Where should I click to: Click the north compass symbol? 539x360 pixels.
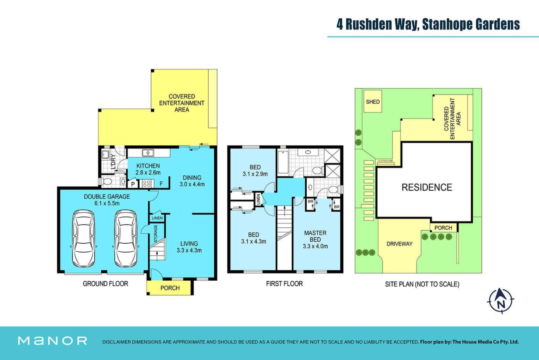tap(501, 301)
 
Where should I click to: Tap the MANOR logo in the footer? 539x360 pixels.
tap(53, 341)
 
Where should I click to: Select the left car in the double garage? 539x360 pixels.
tap(84, 239)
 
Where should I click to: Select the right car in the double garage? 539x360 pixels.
tap(125, 239)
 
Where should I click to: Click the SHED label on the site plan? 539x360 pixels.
tap(373, 102)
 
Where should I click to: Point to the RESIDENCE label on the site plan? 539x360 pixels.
tap(427, 187)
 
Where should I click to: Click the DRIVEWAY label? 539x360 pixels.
tap(399, 244)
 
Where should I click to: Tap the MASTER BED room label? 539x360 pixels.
tap(315, 236)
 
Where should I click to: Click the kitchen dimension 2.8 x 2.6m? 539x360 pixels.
tap(148, 173)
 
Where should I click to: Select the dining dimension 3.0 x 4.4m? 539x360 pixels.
tap(192, 185)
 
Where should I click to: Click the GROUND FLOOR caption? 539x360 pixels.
tap(105, 284)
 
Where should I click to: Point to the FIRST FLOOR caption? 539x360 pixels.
tap(285, 284)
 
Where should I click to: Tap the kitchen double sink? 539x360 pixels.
tap(148, 153)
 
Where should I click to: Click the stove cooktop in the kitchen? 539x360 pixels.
tap(146, 184)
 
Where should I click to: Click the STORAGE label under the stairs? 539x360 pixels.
tap(156, 234)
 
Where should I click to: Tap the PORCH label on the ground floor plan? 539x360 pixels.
tap(170, 288)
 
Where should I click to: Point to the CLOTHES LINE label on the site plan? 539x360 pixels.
tap(386, 161)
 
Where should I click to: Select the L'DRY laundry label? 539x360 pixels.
tap(113, 162)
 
